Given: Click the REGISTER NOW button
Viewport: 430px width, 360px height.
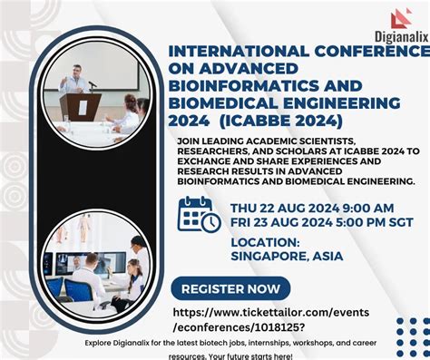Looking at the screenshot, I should pyautogui.click(x=230, y=289).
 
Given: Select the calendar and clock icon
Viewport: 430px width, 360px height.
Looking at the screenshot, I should pyautogui.click(x=198, y=214).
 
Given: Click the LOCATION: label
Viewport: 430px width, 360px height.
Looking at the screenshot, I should pyautogui.click(x=265, y=241).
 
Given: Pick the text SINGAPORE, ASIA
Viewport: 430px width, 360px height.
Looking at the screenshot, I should pyautogui.click(x=287, y=256).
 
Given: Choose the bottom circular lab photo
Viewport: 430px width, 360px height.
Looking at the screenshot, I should pyautogui.click(x=100, y=263).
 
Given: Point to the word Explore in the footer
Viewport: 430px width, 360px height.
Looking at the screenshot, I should pyautogui.click(x=99, y=343).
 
